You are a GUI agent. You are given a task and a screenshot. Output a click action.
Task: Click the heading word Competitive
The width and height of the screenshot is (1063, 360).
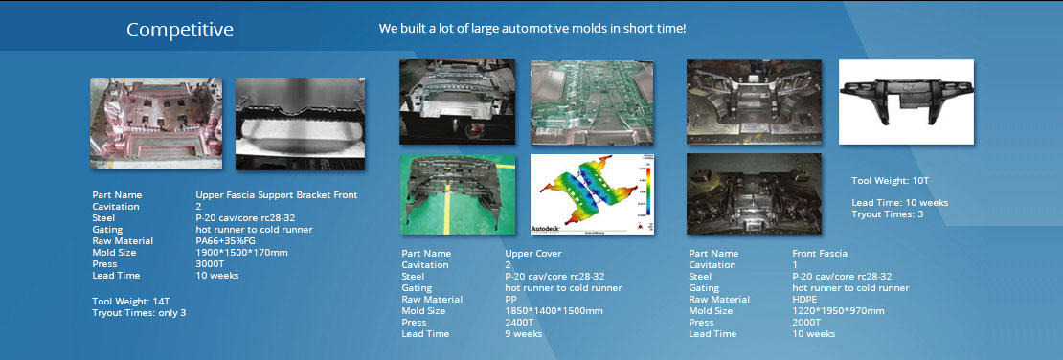point(180,31)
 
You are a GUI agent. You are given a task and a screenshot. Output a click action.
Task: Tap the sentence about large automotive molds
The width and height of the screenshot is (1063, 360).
point(532,29)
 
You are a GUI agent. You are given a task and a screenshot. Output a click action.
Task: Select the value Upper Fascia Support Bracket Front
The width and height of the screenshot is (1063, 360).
point(277,195)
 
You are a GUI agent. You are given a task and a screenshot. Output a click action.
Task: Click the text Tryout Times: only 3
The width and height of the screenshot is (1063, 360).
point(139,312)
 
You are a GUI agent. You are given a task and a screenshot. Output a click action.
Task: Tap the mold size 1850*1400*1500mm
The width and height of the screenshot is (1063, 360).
point(554,311)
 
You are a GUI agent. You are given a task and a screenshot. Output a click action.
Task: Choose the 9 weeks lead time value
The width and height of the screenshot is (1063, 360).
point(524,334)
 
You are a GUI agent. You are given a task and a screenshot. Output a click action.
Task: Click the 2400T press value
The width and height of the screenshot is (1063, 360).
point(519,323)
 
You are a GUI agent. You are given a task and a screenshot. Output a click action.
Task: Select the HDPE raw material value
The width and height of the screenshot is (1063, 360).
point(804,300)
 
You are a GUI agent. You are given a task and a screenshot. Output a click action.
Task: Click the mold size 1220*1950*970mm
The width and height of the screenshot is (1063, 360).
point(838,311)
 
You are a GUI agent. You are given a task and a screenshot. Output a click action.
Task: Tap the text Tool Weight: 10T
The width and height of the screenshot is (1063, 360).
point(890,181)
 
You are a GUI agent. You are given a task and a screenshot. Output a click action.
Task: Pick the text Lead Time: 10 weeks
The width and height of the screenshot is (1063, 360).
point(899,203)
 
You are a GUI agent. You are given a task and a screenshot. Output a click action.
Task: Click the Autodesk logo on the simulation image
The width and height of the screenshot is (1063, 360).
point(546,229)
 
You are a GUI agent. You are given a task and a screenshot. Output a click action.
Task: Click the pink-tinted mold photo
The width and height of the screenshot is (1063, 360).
point(156,123)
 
